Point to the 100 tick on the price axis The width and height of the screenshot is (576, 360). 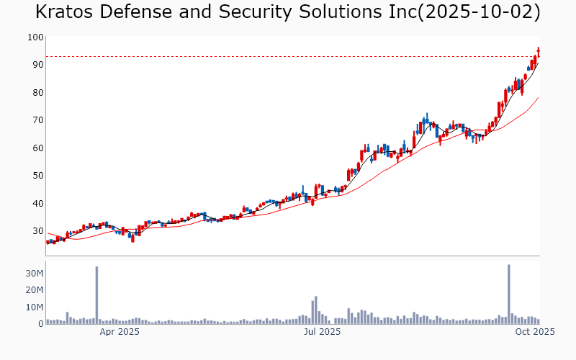(35, 37)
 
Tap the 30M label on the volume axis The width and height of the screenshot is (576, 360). (35, 274)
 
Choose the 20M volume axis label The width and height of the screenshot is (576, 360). (35, 290)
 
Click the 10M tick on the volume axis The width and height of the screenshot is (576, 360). (35, 307)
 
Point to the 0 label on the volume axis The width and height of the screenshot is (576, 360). (40, 324)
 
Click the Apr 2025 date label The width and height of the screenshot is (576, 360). (120, 332)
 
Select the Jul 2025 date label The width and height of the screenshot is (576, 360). (321, 332)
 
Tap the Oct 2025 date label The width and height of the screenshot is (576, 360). (534, 332)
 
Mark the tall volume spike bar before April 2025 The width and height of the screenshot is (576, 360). (96, 295)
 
